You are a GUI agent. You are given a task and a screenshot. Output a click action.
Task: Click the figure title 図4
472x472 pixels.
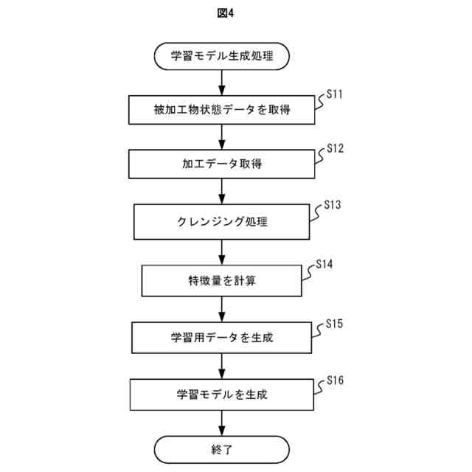(236, 13)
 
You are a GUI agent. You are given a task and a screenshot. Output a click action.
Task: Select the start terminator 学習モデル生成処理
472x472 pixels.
(222, 56)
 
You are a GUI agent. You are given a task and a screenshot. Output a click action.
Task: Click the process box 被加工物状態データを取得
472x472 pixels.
(222, 111)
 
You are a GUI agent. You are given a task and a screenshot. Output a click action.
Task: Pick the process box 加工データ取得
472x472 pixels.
(222, 164)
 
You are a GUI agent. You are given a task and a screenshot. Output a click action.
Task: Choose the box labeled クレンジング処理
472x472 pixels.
(222, 221)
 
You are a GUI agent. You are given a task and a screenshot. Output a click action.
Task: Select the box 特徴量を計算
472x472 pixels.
(222, 280)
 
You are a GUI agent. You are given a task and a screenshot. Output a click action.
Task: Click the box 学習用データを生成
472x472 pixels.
(222, 338)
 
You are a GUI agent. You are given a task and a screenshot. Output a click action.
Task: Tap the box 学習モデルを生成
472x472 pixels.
(222, 395)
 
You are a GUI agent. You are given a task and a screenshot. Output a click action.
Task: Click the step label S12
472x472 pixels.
(335, 148)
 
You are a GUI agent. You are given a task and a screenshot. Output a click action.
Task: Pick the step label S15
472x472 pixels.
(335, 323)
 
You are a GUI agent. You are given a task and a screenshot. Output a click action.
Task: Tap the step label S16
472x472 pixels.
(335, 380)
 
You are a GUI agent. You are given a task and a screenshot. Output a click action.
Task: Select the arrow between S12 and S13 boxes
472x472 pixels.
(222, 192)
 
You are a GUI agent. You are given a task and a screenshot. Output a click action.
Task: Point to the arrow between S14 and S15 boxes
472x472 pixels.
(222, 309)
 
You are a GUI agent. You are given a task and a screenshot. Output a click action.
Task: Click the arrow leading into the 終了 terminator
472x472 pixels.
(222, 423)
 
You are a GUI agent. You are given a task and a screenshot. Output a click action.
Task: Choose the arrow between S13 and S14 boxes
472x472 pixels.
(222, 251)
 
